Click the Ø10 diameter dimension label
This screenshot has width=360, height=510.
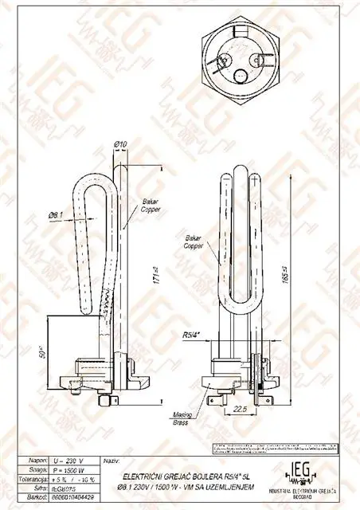121,143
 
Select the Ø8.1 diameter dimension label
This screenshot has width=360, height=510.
55,214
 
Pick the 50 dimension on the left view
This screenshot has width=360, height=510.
42,351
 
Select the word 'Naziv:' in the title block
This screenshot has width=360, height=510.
112,461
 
